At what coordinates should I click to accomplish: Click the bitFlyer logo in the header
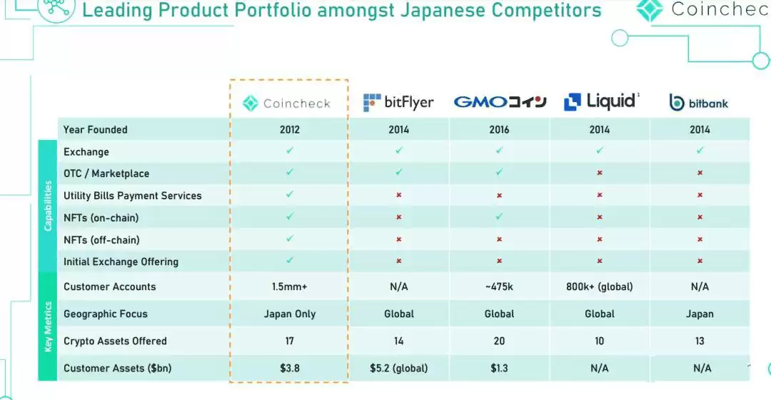click(x=398, y=102)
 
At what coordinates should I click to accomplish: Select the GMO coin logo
click(x=500, y=102)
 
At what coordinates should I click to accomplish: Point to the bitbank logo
click(x=699, y=103)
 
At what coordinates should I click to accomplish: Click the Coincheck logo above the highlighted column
click(x=287, y=104)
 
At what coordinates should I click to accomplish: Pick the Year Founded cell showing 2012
click(x=290, y=129)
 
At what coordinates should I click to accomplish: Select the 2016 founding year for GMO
click(x=499, y=129)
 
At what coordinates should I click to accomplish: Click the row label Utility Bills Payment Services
click(x=132, y=196)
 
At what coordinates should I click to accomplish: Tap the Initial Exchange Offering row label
click(x=121, y=261)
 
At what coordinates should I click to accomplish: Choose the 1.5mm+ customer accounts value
click(x=290, y=286)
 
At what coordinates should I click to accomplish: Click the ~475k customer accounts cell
click(x=499, y=286)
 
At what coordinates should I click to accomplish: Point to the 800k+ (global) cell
click(x=600, y=286)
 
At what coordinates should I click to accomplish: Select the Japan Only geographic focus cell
click(x=290, y=314)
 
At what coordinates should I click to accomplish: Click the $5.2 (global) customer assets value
click(x=399, y=368)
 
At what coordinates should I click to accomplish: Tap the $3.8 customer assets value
click(x=290, y=368)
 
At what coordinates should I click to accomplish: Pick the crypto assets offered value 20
click(x=499, y=341)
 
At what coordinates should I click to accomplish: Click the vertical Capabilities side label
click(x=48, y=206)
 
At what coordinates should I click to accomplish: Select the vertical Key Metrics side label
click(x=48, y=326)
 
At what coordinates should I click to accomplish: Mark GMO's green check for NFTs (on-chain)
click(x=499, y=217)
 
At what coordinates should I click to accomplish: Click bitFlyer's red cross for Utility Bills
click(x=399, y=195)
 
